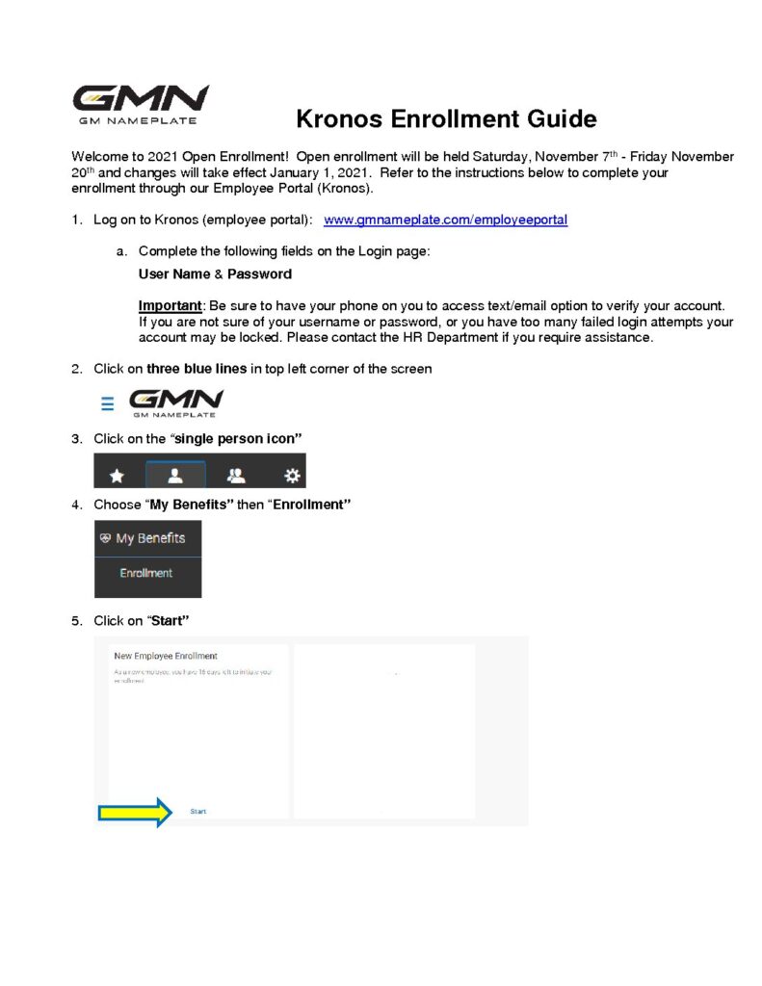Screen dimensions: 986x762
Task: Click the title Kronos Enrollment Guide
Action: tap(446, 119)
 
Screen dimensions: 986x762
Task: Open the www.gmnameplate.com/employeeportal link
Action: tap(445, 221)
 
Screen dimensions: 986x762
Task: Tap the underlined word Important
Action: tap(170, 305)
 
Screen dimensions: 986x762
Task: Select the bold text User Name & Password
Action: tap(215, 274)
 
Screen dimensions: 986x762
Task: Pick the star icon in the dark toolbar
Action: tap(118, 476)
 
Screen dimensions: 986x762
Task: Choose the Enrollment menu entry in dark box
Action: tap(146, 574)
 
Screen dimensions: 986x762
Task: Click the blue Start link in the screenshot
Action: tap(198, 812)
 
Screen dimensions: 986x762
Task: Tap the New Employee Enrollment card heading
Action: tap(166, 656)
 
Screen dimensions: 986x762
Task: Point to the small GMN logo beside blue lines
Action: tap(176, 402)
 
